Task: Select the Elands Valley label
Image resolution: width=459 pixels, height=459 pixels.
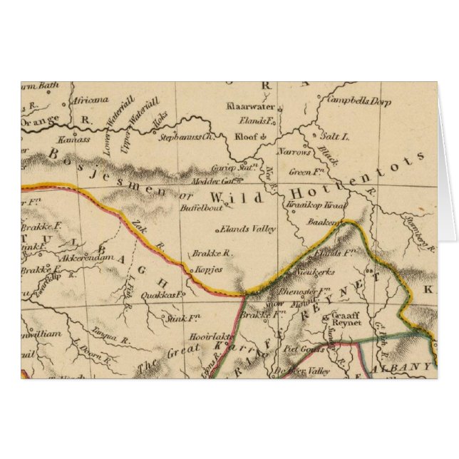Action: (246, 229)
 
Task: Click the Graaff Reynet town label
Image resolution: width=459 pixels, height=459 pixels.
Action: (343, 321)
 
